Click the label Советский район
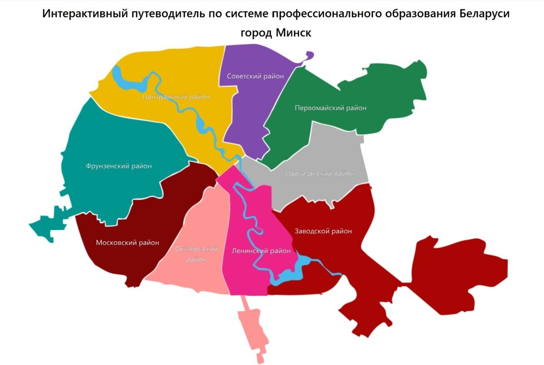click(x=255, y=76)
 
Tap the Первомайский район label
click(x=330, y=108)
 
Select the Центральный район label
click(x=176, y=97)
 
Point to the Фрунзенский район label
click(x=118, y=166)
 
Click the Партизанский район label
click(x=320, y=174)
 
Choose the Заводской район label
click(x=323, y=231)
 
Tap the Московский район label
click(x=127, y=243)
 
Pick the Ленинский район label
click(x=261, y=251)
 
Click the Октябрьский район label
click(x=196, y=254)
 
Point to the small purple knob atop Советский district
click(x=310, y=55)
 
